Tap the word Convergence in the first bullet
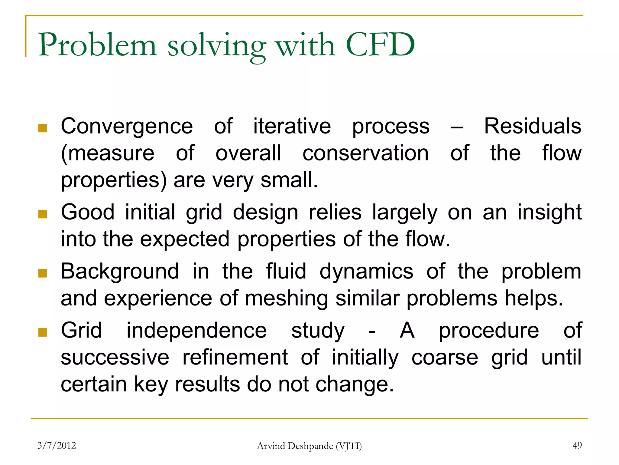(127, 127)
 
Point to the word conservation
(365, 153)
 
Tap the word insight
(549, 213)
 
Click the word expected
(185, 239)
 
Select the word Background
(120, 272)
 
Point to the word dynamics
(366, 272)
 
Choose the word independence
(196, 330)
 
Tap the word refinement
(235, 358)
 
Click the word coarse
(445, 358)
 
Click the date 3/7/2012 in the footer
(57, 445)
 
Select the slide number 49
(577, 445)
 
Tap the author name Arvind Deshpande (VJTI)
(309, 446)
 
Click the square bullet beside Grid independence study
(43, 332)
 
